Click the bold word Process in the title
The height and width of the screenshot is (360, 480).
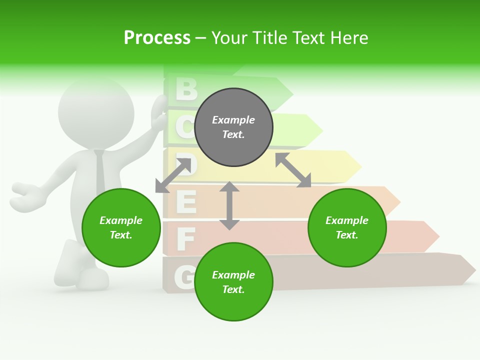tap(157, 37)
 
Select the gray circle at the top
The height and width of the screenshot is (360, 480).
tap(233, 127)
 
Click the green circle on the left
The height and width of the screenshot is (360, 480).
tap(121, 228)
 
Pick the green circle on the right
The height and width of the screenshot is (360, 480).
tap(347, 228)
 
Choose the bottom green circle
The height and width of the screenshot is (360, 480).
tap(233, 282)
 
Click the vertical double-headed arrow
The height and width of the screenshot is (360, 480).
tap(229, 205)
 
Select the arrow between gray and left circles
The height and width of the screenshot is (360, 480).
tap(173, 175)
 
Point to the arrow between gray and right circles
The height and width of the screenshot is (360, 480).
tap(293, 170)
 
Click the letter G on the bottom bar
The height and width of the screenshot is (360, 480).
tap(184, 276)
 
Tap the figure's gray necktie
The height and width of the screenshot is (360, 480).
tap(100, 172)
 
